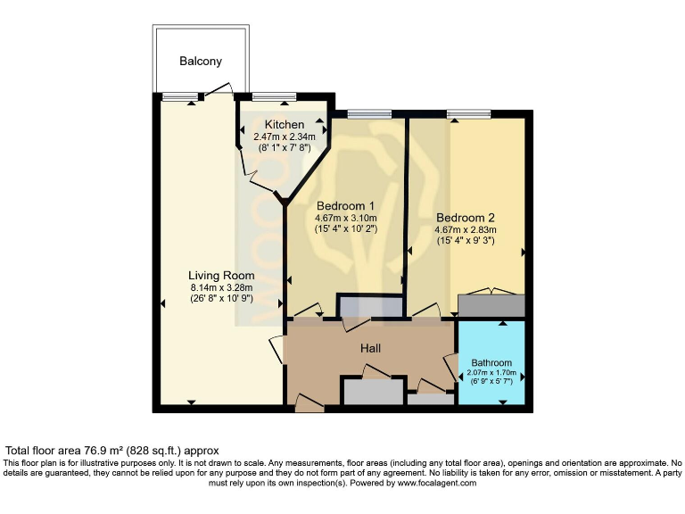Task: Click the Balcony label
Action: (x=200, y=62)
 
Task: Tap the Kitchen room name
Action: (x=284, y=124)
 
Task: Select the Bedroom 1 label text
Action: (x=345, y=203)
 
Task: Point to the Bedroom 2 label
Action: (x=465, y=217)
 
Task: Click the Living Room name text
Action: (x=221, y=275)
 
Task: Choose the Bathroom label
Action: (x=491, y=363)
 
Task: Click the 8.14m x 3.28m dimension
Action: (x=221, y=287)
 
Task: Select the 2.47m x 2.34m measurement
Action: (x=284, y=137)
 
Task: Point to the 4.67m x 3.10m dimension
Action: (x=345, y=217)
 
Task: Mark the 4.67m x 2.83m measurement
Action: (x=465, y=229)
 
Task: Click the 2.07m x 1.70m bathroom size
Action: (x=491, y=374)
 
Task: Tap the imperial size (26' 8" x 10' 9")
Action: (x=221, y=299)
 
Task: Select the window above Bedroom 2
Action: (x=469, y=113)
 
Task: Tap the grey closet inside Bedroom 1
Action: (x=368, y=305)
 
